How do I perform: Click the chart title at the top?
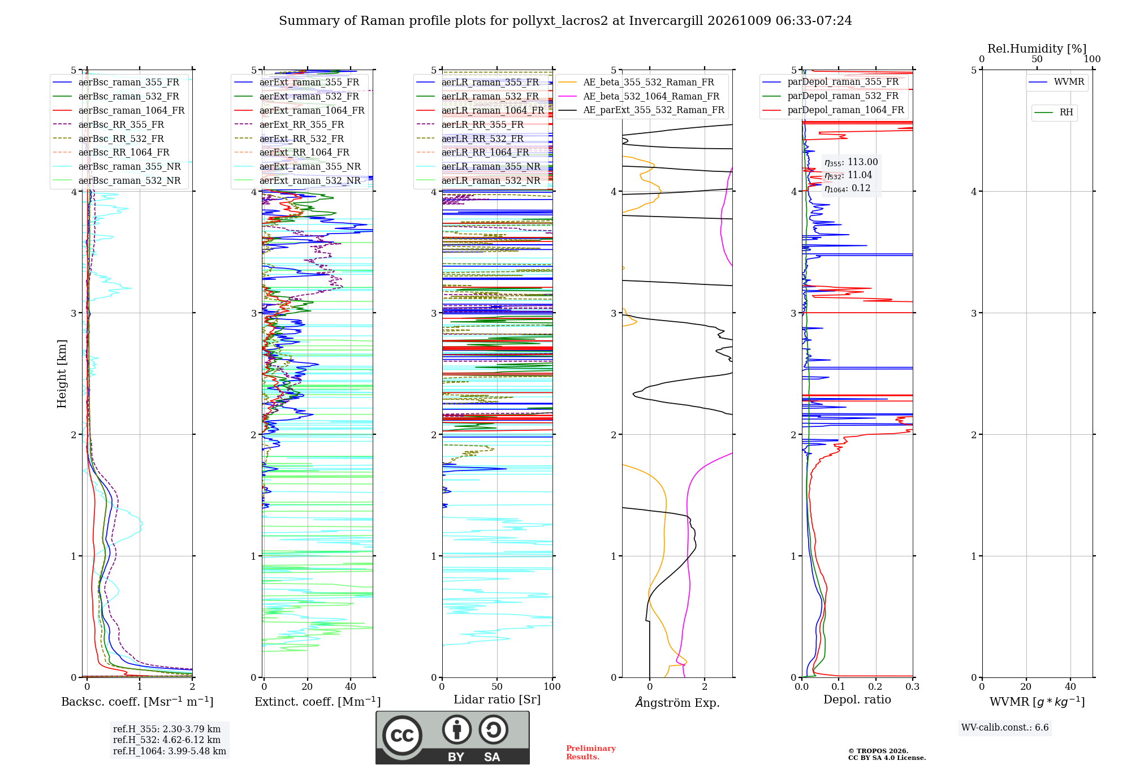[x=565, y=21]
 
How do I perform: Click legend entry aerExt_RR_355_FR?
[x=301, y=124]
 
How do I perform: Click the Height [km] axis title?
[x=62, y=374]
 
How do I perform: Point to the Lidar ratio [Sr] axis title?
[x=497, y=699]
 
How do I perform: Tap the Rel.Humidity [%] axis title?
[x=1037, y=49]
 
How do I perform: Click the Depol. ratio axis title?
[x=857, y=699]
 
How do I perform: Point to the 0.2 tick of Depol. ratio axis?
[x=875, y=686]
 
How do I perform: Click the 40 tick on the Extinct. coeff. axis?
[x=351, y=686]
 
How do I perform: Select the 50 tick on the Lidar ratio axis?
[x=497, y=686]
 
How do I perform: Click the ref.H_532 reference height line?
[x=167, y=740]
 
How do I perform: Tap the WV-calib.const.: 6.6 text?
[x=1005, y=727]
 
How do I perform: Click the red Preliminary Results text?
[x=590, y=753]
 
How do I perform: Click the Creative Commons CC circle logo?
[x=402, y=736]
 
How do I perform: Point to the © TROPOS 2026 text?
[x=878, y=751]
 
